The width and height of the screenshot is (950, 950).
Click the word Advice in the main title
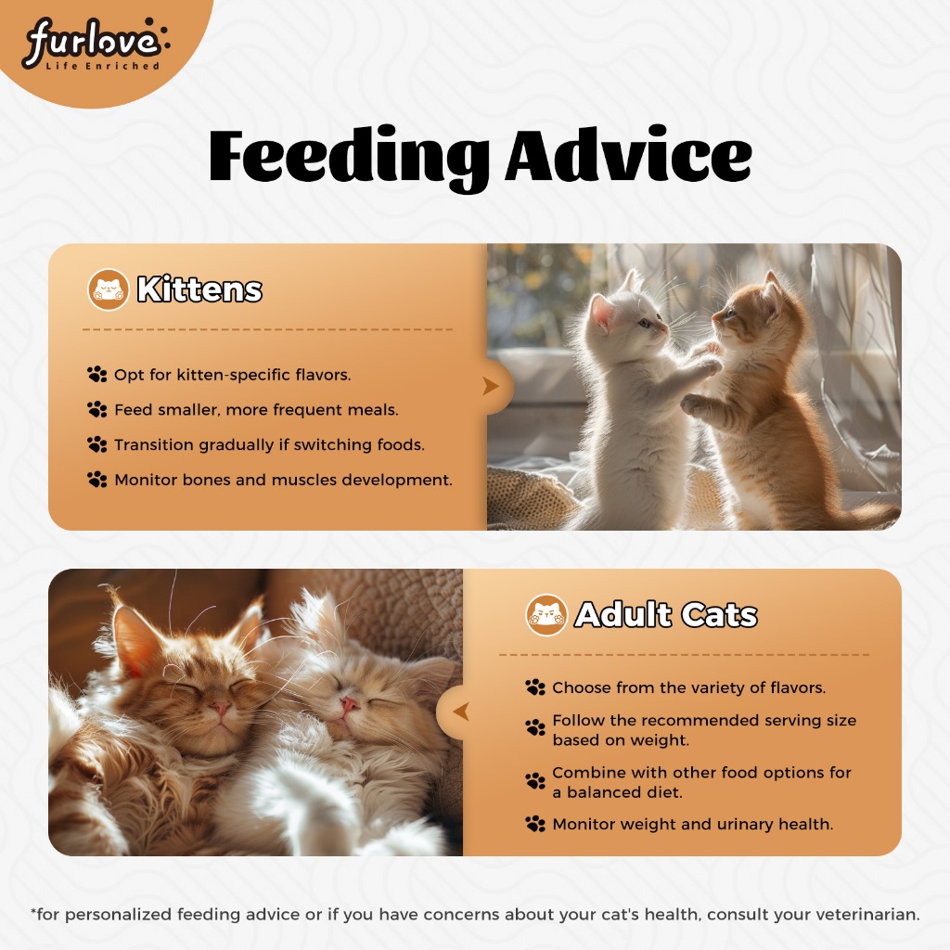[629, 155]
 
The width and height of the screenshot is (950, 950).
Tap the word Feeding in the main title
[349, 158]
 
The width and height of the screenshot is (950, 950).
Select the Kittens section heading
[199, 289]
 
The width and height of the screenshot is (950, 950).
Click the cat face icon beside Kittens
[108, 289]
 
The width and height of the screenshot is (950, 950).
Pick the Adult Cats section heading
[666, 615]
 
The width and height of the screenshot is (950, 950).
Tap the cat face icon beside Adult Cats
[546, 615]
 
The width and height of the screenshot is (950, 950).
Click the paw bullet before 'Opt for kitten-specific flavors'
[96, 375]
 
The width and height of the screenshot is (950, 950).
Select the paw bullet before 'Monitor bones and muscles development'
[96, 480]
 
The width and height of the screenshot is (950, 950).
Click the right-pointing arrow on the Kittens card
[491, 386]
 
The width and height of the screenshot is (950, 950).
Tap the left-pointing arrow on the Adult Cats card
[461, 712]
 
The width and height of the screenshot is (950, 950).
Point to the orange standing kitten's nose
[715, 317]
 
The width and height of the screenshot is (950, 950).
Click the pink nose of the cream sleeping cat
[349, 705]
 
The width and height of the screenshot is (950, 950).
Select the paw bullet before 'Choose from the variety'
[535, 687]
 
